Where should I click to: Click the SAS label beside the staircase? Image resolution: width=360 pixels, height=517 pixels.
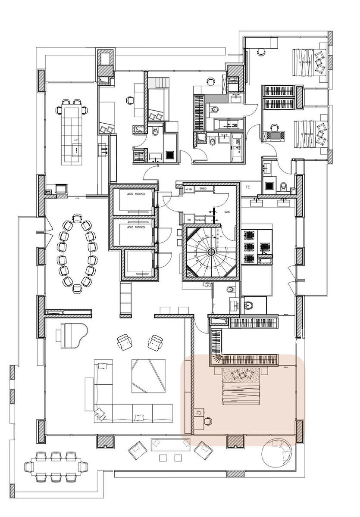[227, 212]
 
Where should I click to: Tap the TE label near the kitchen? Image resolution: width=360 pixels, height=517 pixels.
[248, 187]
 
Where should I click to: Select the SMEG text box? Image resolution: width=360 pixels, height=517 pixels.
[203, 189]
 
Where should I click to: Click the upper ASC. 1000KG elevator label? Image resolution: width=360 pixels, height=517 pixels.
[135, 195]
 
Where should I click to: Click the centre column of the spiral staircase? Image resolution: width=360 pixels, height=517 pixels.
[211, 252]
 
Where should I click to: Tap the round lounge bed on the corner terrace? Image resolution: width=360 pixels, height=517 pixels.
[278, 453]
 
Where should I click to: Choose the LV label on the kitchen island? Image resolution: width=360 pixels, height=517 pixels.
[76, 140]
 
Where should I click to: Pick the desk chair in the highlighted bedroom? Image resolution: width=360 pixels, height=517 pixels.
[208, 420]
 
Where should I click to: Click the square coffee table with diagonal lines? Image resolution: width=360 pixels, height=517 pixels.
[148, 376]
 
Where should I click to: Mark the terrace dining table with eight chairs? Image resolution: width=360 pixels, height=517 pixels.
[56, 466]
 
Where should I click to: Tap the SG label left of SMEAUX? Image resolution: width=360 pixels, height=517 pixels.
[189, 220]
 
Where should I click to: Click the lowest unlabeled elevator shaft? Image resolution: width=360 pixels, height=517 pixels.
[138, 263]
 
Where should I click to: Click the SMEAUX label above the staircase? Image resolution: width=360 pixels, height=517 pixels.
[200, 220]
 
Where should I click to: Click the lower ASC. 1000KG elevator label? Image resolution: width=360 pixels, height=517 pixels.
[135, 227]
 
